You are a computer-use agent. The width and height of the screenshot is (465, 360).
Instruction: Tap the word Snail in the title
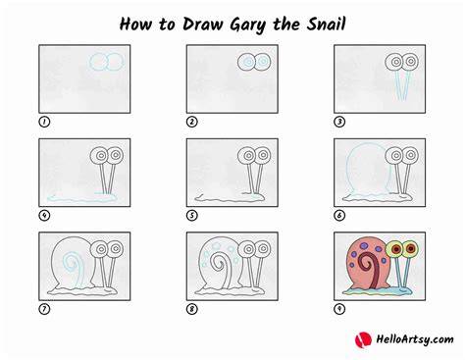pyautogui.click(x=326, y=24)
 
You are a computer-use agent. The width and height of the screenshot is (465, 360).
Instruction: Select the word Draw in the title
pyautogui.click(x=202, y=24)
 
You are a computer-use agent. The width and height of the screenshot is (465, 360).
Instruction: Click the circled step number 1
pyautogui.click(x=44, y=122)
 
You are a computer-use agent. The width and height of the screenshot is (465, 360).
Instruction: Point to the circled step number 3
pyautogui.click(x=339, y=122)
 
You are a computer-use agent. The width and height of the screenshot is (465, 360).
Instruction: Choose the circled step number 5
pyautogui.click(x=192, y=216)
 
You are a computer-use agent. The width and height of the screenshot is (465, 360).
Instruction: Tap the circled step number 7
pyautogui.click(x=44, y=309)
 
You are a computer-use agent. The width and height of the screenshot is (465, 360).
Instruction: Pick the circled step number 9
pyautogui.click(x=339, y=309)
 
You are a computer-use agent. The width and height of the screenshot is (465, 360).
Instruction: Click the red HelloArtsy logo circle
pyautogui.click(x=363, y=339)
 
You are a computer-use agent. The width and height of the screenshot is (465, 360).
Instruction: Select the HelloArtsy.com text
pyautogui.click(x=415, y=339)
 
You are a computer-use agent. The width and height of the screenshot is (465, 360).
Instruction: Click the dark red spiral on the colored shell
pyautogui.click(x=369, y=266)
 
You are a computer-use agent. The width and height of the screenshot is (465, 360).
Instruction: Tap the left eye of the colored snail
pyautogui.click(x=395, y=250)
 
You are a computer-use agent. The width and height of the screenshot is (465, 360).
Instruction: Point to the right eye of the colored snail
pyautogui.click(x=411, y=249)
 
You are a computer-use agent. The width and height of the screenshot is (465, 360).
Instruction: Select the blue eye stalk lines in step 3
pyautogui.click(x=402, y=85)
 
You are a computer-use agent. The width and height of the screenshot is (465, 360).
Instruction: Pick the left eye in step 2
pyautogui.click(x=246, y=62)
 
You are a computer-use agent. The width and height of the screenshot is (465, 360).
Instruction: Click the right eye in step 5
pyautogui.click(x=263, y=155)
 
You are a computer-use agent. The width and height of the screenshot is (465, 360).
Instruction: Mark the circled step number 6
pyautogui.click(x=339, y=216)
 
